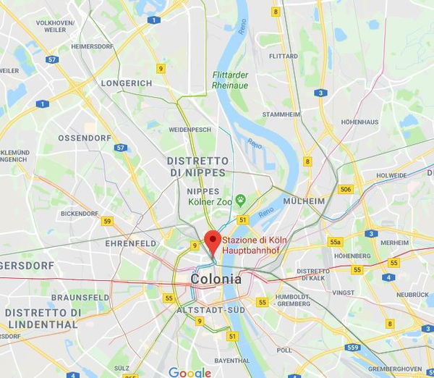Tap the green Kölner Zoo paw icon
241,198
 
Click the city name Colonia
216,278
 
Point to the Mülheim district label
302,201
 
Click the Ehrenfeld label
131,243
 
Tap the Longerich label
127,83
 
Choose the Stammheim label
281,114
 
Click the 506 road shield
346,189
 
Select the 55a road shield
334,242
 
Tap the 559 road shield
352,348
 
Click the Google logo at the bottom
190,372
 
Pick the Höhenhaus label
359,122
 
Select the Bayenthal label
232,360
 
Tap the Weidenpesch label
190,130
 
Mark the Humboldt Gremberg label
292,300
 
